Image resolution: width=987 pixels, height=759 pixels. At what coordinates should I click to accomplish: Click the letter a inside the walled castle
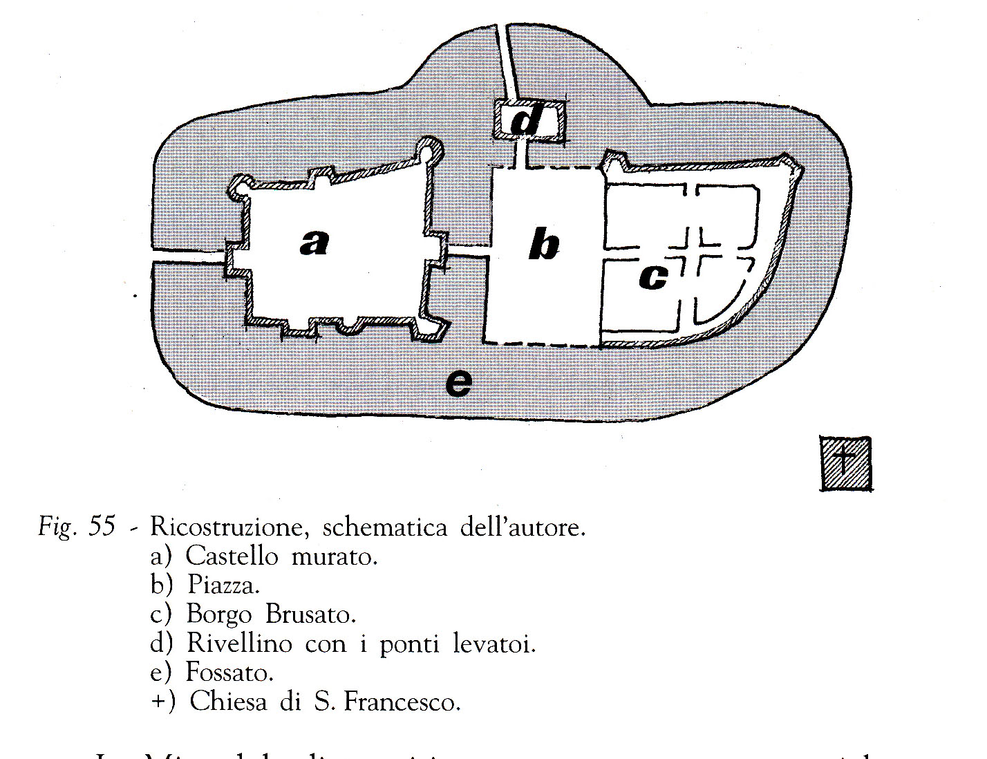(x=314, y=243)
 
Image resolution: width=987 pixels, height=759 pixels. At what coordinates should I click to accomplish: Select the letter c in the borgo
(x=653, y=277)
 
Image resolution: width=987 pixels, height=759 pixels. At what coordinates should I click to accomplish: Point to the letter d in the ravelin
(x=527, y=120)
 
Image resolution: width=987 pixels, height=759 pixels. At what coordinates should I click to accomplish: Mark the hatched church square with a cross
(x=846, y=463)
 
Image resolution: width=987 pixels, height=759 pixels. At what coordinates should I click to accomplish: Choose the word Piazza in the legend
(x=223, y=585)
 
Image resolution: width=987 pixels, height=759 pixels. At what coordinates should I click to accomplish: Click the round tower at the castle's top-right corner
(x=429, y=149)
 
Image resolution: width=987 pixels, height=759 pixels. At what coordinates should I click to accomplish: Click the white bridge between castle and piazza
(x=469, y=251)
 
